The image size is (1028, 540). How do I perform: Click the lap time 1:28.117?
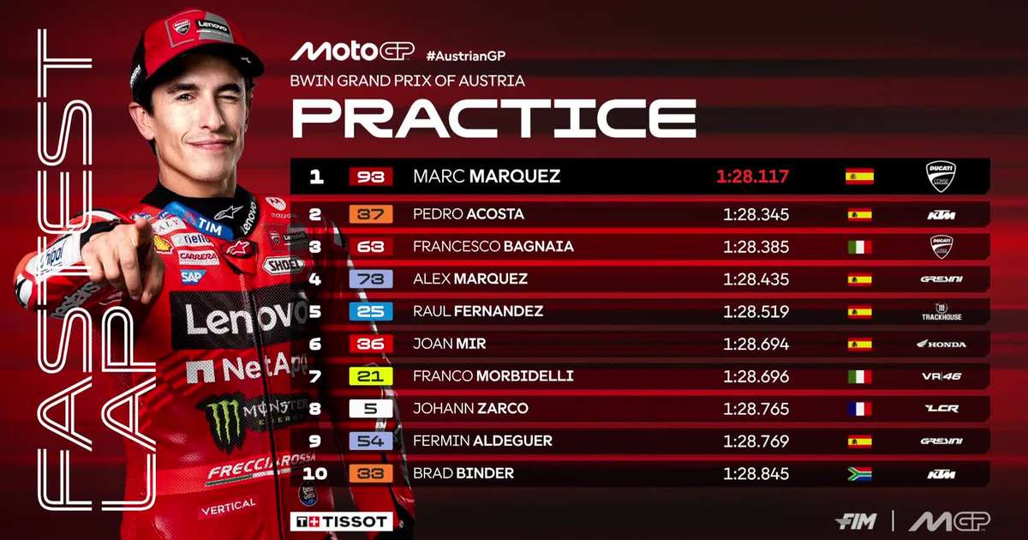click(752, 177)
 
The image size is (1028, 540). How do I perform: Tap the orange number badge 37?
click(370, 214)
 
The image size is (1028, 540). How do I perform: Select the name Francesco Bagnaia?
click(493, 247)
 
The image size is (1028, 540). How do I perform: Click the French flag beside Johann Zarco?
click(858, 409)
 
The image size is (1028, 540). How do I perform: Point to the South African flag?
click(858, 474)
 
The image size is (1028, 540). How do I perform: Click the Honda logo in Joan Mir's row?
click(941, 345)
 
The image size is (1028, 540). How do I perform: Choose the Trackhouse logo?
click(941, 312)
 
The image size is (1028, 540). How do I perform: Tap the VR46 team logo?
click(941, 377)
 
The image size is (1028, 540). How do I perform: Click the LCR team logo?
click(941, 409)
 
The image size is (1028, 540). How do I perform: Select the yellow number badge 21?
click(370, 377)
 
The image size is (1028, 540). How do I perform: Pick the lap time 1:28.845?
click(756, 474)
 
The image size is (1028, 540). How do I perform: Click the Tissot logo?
click(343, 521)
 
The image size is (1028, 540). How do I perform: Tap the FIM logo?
click(853, 521)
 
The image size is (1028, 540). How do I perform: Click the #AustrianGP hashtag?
click(466, 56)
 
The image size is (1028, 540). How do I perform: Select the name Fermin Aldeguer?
click(482, 441)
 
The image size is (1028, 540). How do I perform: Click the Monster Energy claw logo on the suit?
click(224, 423)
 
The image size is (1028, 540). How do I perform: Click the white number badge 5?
click(370, 409)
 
